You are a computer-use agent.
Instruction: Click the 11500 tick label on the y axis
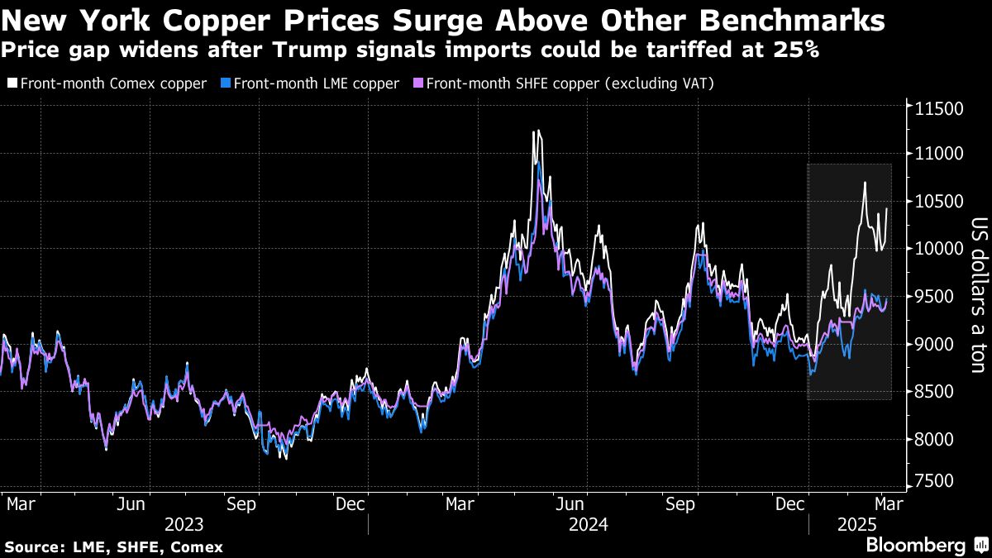tap(939, 108)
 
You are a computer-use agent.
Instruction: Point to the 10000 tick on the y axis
tap(939, 249)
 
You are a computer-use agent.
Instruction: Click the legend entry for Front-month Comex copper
tap(107, 83)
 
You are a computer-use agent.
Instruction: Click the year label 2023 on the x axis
tap(184, 524)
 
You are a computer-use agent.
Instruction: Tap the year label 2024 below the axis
tap(588, 524)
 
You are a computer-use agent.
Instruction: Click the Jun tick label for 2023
tap(133, 503)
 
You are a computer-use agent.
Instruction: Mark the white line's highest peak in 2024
tap(536, 131)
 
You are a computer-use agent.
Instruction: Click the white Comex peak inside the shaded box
tap(865, 183)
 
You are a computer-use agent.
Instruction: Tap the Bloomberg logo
tap(916, 546)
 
